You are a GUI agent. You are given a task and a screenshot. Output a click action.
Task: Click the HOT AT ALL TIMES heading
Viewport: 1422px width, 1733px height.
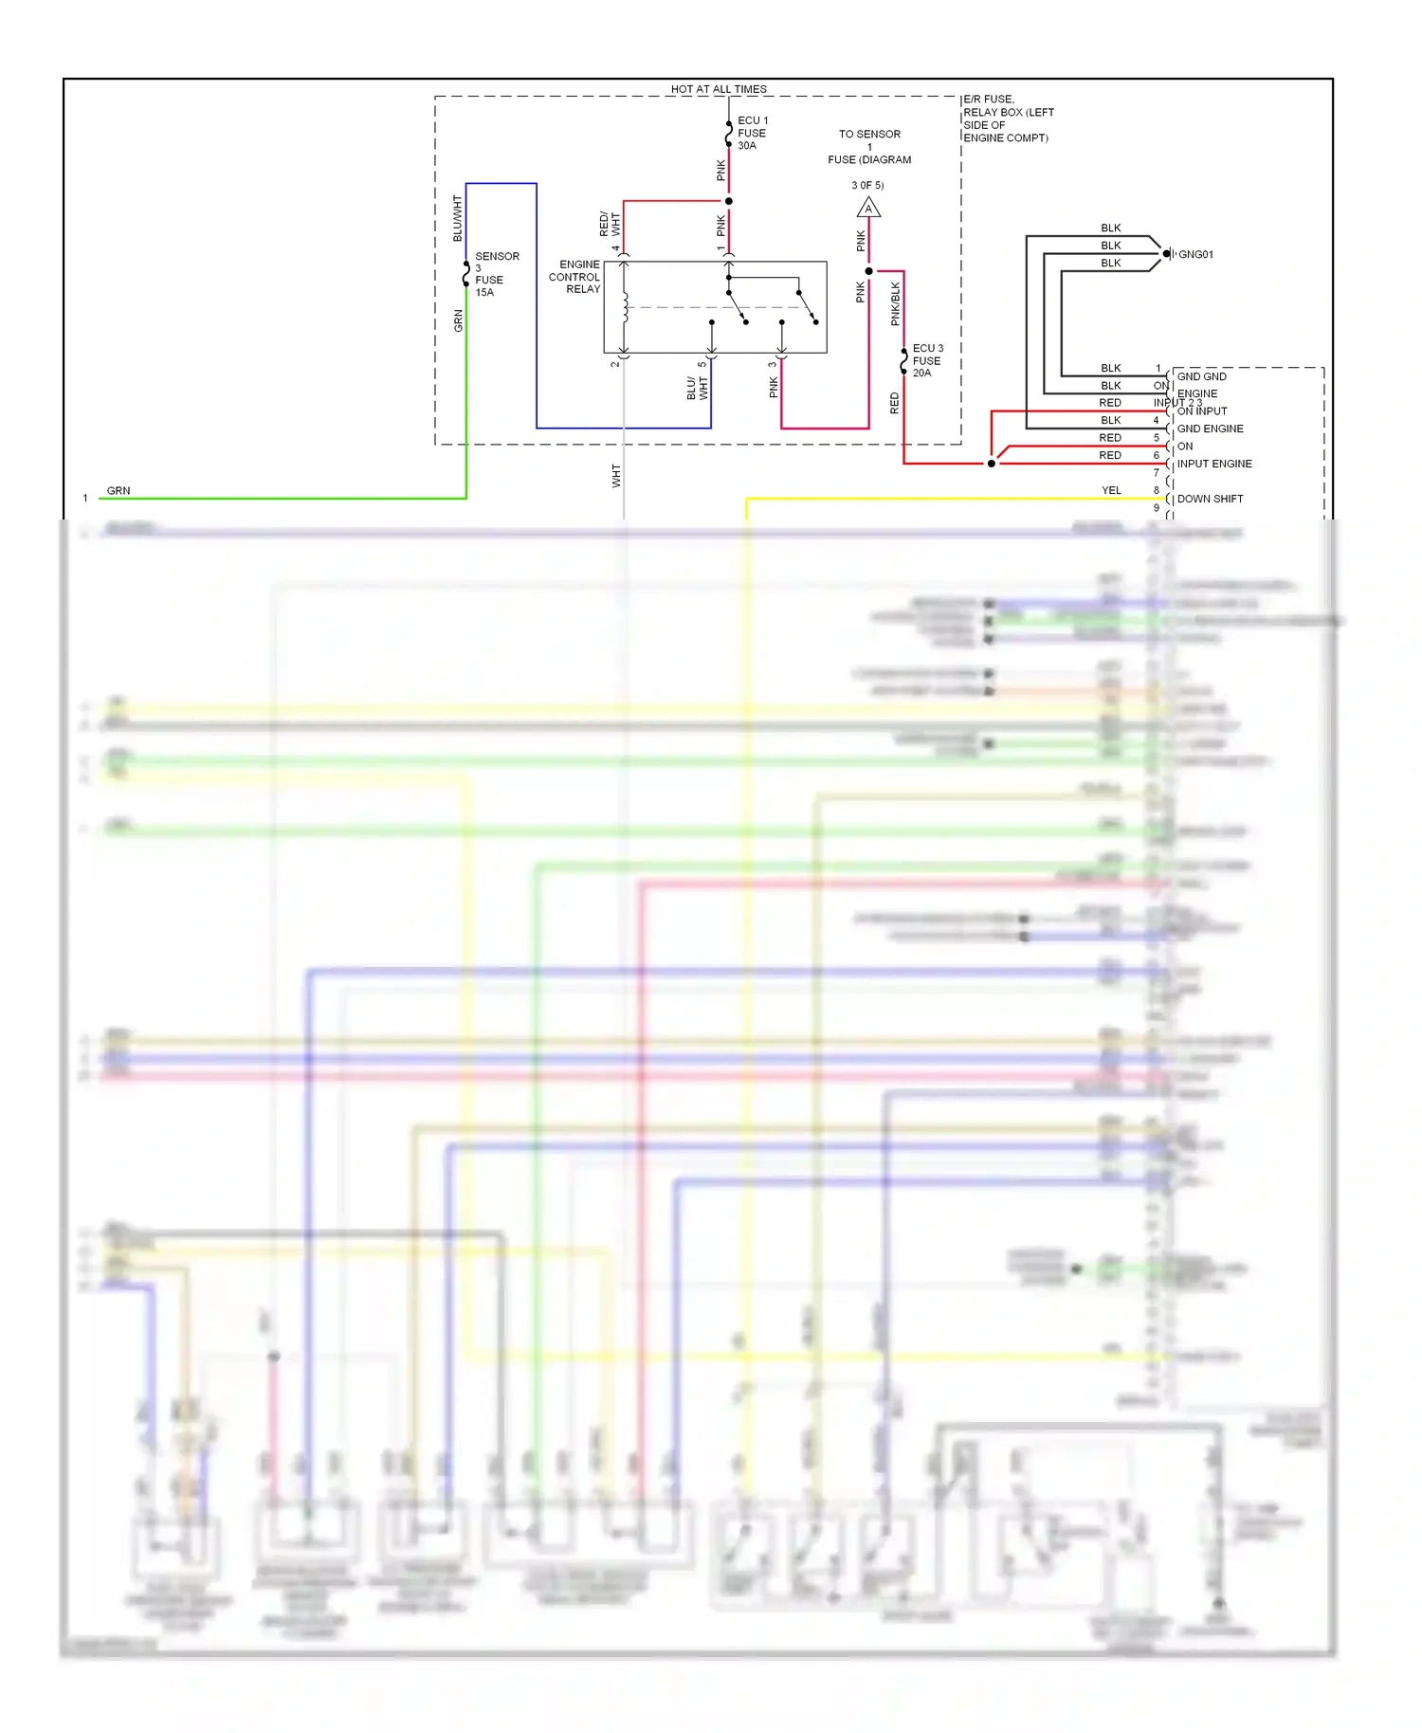pyautogui.click(x=718, y=89)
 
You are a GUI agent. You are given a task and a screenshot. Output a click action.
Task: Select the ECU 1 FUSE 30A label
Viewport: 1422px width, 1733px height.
pyautogui.click(x=752, y=133)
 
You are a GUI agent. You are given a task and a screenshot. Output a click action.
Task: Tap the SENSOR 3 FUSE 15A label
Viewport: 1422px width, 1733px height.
pyautogui.click(x=496, y=274)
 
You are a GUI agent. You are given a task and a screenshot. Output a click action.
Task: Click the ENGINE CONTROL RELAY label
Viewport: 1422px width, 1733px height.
pyautogui.click(x=575, y=277)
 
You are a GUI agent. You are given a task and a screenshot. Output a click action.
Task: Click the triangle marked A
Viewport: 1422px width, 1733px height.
pyautogui.click(x=868, y=208)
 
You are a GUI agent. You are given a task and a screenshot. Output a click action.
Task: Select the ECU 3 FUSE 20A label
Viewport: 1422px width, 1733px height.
pyautogui.click(x=926, y=360)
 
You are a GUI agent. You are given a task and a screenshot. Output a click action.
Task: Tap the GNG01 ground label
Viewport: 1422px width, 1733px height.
pyautogui.click(x=1195, y=254)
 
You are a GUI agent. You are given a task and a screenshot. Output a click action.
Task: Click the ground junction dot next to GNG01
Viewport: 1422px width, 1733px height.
pyautogui.click(x=1166, y=254)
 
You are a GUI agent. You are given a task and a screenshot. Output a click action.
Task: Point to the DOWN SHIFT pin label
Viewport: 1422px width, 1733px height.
pyautogui.click(x=1210, y=499)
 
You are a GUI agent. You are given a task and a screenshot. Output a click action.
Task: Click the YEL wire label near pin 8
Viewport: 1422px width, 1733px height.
pyautogui.click(x=1111, y=490)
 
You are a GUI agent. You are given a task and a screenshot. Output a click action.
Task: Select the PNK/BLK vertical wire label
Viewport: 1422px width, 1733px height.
pyautogui.click(x=896, y=304)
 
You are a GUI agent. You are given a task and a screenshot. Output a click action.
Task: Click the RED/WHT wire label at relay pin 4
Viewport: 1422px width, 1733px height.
pyautogui.click(x=610, y=225)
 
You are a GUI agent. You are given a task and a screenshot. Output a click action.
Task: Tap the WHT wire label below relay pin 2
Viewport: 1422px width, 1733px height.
pyautogui.click(x=616, y=476)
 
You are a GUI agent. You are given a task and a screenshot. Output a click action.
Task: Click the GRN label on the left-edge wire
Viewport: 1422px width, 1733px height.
pyautogui.click(x=118, y=490)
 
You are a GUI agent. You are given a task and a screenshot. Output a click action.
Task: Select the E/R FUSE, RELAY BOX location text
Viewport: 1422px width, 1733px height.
pyautogui.click(x=1007, y=119)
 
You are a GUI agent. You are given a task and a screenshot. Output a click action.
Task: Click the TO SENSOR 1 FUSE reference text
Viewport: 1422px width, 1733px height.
pyautogui.click(x=869, y=147)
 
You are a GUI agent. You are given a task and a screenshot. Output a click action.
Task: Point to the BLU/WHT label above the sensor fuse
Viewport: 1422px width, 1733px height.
pyautogui.click(x=458, y=218)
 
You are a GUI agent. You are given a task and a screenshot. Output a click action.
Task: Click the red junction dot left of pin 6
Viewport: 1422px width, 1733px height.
pyautogui.click(x=992, y=464)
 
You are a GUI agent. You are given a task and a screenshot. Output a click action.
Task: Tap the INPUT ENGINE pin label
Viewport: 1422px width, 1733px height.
pyautogui.click(x=1214, y=464)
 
